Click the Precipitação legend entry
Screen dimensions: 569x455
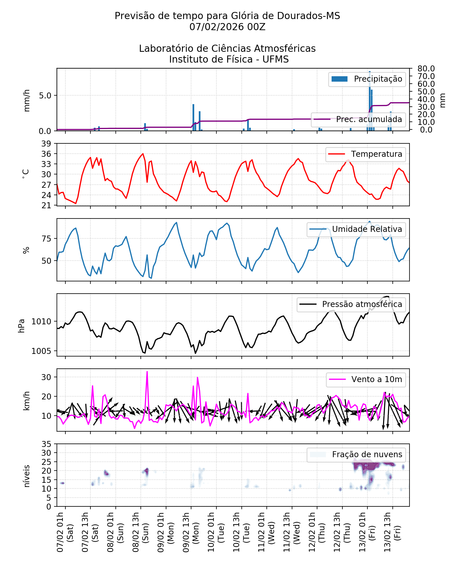point(367,79)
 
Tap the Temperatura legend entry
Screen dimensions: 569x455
point(366,154)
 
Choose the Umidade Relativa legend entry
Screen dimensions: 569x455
point(356,229)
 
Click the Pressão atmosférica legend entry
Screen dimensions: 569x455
point(351,304)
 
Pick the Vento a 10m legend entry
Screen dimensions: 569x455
point(366,380)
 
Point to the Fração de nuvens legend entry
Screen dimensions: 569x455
point(356,455)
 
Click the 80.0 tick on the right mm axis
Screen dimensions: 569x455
point(426,69)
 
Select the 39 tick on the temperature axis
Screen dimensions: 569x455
point(46,144)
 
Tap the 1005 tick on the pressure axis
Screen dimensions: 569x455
point(41,351)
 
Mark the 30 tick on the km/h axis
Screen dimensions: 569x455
point(46,377)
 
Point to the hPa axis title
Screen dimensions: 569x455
point(22,326)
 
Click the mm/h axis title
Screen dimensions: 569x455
point(26,100)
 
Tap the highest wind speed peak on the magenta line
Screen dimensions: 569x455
point(147,372)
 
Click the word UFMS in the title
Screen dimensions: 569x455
point(276,59)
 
